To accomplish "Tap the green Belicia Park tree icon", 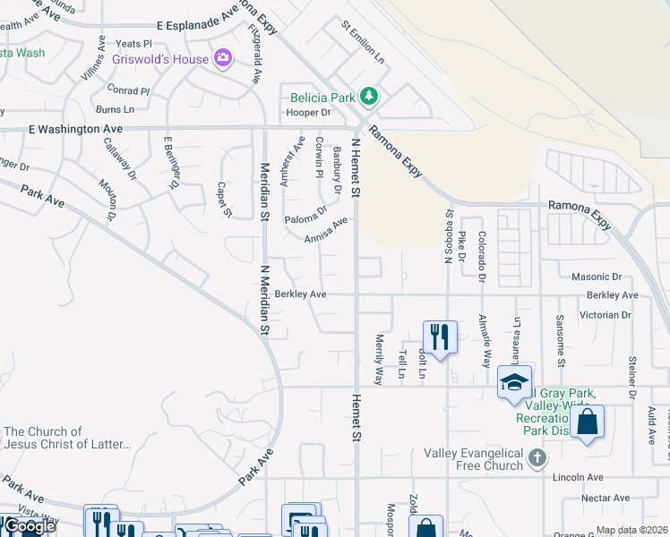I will [x=368, y=96].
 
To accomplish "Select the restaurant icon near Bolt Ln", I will [x=439, y=337].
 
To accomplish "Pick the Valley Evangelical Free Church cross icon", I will [x=537, y=459].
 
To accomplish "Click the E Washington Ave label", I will [x=75, y=129].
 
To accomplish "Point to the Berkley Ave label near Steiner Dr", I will [x=613, y=294].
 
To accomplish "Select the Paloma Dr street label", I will [x=305, y=217].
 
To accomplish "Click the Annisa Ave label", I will [x=325, y=230].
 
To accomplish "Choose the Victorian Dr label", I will [x=605, y=315].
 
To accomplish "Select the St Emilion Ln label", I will [x=363, y=41].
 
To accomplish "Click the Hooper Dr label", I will [x=308, y=112].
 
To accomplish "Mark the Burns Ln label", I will [x=114, y=109].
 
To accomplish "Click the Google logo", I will [x=29, y=526].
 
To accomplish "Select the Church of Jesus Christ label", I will [x=67, y=438].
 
